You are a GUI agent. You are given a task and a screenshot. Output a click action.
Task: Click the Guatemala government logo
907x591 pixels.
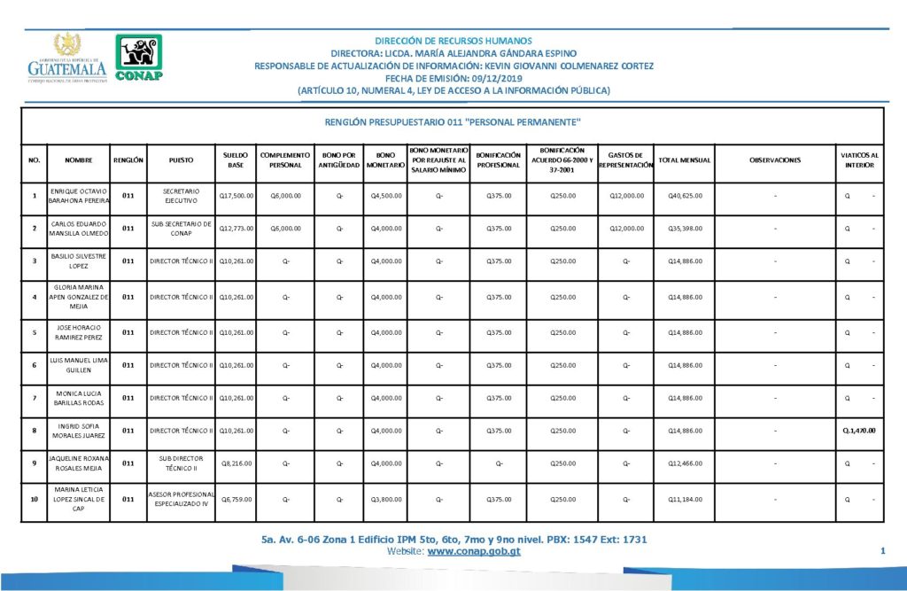(x=67, y=58)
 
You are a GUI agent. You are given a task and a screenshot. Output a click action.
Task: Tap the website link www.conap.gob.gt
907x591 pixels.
(x=473, y=551)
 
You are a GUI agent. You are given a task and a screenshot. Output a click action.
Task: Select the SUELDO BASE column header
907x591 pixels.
(x=235, y=159)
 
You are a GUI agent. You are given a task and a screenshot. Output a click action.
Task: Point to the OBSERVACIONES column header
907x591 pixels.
(x=775, y=160)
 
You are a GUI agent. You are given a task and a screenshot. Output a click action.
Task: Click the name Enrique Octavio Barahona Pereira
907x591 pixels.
(x=79, y=195)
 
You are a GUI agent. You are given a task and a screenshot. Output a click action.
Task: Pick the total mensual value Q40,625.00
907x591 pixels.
(x=685, y=195)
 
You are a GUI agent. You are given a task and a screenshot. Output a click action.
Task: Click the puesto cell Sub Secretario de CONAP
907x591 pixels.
(x=181, y=229)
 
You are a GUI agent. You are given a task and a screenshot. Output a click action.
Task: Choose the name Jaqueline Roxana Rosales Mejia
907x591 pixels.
(x=79, y=463)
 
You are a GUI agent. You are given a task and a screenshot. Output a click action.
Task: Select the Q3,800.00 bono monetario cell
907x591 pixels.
(x=385, y=499)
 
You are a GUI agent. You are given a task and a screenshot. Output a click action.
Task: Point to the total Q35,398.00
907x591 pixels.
(x=685, y=229)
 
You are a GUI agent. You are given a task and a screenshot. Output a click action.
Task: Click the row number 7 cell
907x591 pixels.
(x=34, y=398)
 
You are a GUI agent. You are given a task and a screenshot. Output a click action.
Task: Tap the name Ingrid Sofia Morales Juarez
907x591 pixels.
(x=79, y=431)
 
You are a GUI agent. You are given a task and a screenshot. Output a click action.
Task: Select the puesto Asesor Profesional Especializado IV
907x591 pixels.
(x=181, y=499)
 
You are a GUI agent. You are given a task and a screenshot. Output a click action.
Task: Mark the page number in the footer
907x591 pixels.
(x=883, y=552)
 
